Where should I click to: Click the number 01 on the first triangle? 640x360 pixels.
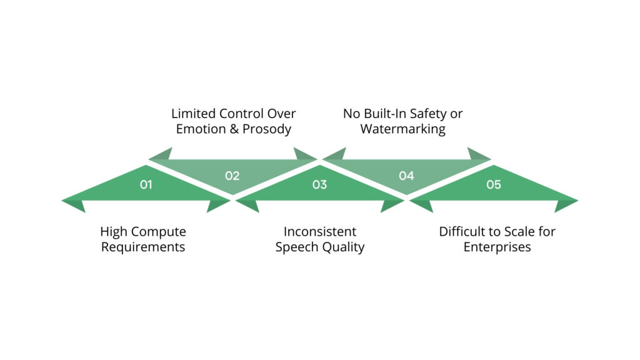point(146,185)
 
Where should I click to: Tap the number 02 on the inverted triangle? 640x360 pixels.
point(232,176)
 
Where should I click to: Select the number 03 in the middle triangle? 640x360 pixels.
point(319,185)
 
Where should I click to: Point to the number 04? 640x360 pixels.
point(406,176)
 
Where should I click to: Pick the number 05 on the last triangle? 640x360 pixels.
point(493,185)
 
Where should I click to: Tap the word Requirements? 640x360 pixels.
point(143,247)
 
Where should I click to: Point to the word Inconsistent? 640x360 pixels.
point(320,232)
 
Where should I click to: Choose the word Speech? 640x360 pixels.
point(297,247)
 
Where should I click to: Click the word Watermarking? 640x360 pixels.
point(403,129)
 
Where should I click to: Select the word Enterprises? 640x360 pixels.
point(497,247)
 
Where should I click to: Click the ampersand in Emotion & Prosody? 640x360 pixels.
point(236,129)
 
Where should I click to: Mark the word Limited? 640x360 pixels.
point(194,114)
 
